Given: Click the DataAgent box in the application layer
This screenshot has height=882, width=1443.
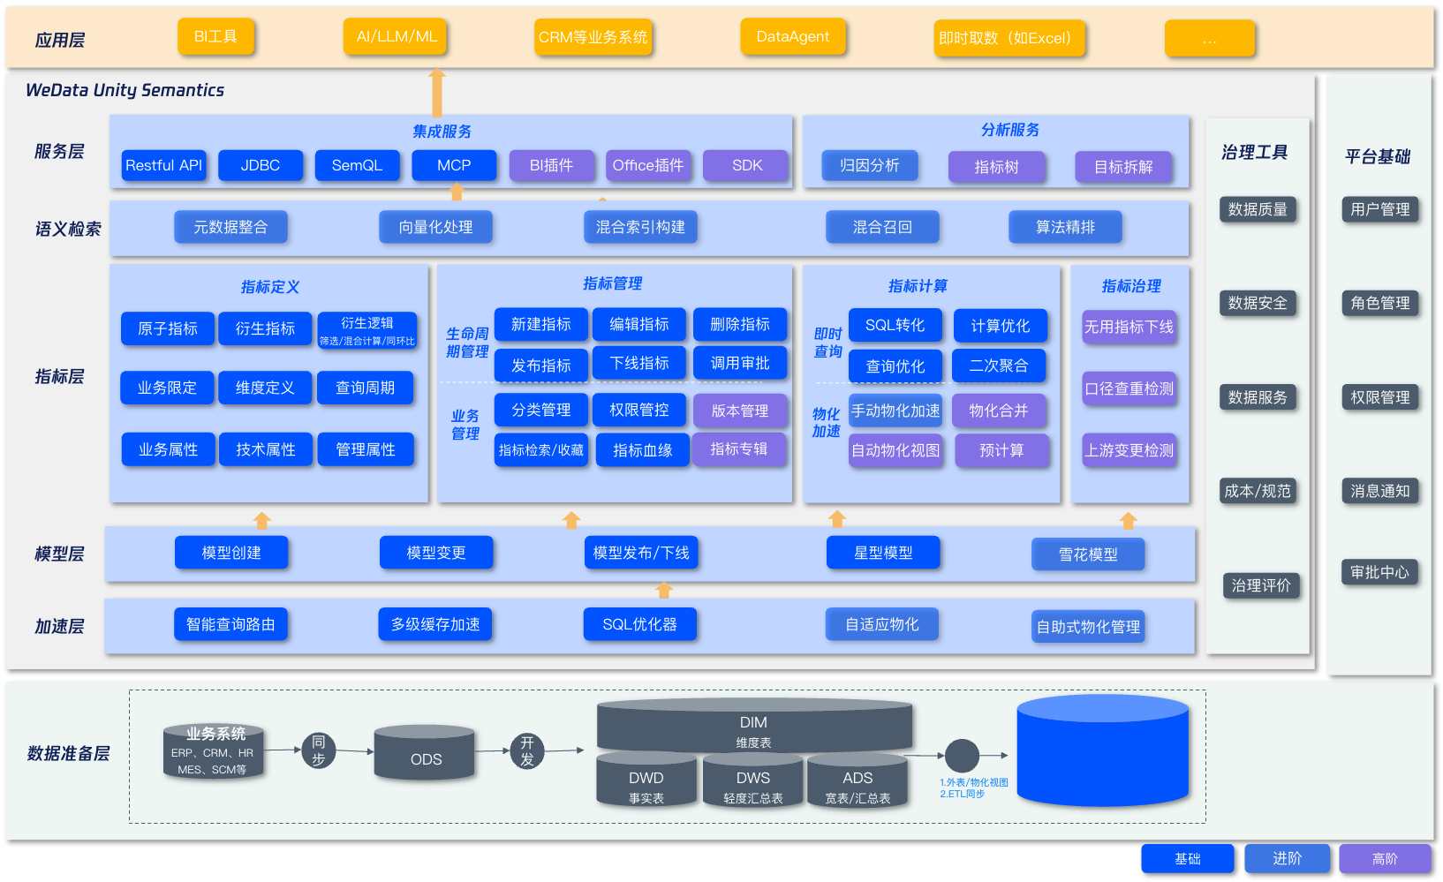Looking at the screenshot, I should (792, 37).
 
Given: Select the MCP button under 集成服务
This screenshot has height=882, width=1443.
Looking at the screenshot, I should (454, 165).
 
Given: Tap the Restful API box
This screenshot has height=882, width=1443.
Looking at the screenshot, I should (163, 165).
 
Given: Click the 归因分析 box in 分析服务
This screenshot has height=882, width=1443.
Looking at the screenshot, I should (869, 165).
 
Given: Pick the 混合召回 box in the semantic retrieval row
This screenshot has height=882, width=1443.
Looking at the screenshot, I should (881, 227).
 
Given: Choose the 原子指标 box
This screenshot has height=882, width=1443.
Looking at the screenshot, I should (167, 328).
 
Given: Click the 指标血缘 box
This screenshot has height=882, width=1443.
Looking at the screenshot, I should (642, 450).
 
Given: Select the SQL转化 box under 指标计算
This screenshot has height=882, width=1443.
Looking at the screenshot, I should (895, 325).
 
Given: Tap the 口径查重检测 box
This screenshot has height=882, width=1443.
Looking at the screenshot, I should (1129, 388).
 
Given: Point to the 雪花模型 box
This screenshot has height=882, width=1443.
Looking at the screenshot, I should (1087, 554).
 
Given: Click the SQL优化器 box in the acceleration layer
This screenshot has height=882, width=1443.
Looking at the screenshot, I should (639, 624).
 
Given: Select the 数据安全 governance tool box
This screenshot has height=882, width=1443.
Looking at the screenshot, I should (1257, 303).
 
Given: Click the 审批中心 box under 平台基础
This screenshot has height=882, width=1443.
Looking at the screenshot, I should (1379, 572).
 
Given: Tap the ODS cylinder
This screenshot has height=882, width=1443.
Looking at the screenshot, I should (425, 756).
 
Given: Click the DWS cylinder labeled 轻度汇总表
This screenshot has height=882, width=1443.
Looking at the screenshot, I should (752, 782).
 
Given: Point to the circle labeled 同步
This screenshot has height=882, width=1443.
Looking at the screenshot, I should (318, 750).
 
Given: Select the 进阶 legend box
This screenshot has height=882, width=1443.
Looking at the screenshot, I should (1287, 858).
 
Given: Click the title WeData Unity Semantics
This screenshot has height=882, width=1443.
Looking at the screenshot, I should (125, 90).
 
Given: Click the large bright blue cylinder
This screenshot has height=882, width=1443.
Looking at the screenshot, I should (1102, 750).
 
